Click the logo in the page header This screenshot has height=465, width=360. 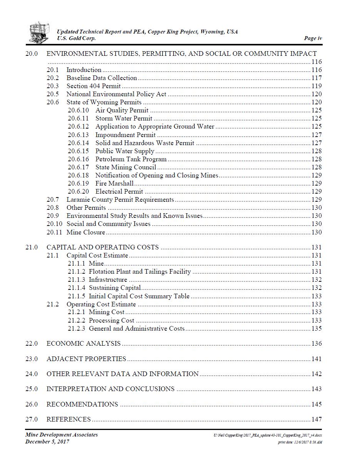39,32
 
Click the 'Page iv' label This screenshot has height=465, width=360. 313,38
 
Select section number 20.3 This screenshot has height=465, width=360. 53,86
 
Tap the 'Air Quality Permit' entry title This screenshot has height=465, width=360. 122,110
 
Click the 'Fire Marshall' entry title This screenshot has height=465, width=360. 114,184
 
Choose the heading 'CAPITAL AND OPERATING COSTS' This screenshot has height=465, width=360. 102,247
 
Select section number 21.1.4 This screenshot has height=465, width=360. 76,288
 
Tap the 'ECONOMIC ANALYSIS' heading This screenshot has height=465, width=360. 84,344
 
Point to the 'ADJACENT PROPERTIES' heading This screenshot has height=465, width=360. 86,359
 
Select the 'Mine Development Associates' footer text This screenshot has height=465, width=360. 62,435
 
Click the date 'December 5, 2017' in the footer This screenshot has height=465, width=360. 47,442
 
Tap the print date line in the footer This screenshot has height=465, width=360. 300,442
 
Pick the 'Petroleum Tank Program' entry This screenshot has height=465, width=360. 131,159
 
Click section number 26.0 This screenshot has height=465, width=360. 32,404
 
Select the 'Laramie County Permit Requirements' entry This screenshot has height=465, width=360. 120,200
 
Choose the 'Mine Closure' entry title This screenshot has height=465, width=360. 86,232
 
